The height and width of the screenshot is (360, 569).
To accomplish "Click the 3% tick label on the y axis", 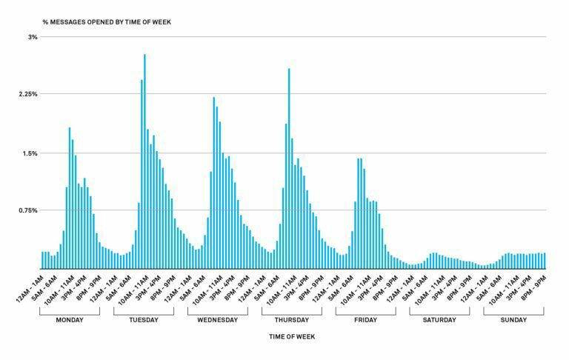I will [x=33, y=36].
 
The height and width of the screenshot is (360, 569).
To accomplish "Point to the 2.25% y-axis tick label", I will [x=28, y=94].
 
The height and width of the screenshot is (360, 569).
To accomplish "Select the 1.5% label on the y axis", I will [x=30, y=153].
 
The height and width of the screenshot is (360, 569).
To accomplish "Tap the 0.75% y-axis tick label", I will [x=28, y=210].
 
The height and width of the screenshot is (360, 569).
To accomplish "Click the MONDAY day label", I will [x=70, y=320].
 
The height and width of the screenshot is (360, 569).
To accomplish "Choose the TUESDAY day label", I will [x=144, y=320].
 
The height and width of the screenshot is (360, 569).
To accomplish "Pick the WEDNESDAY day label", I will [x=218, y=320].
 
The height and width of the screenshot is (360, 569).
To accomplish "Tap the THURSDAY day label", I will [x=292, y=320].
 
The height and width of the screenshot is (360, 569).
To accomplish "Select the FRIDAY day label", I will [x=365, y=320].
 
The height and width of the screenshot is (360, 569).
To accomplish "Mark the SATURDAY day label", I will [x=439, y=320].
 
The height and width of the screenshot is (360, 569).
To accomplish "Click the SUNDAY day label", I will [x=513, y=320].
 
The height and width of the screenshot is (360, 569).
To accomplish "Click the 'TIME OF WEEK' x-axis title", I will [x=291, y=338].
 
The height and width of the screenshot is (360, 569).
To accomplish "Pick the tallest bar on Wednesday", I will [x=213, y=182].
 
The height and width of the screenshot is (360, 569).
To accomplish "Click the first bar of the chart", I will [x=42, y=260].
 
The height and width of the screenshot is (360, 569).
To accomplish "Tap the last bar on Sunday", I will [x=545, y=261].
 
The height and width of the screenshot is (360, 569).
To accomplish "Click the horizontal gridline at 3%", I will [x=296, y=36].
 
